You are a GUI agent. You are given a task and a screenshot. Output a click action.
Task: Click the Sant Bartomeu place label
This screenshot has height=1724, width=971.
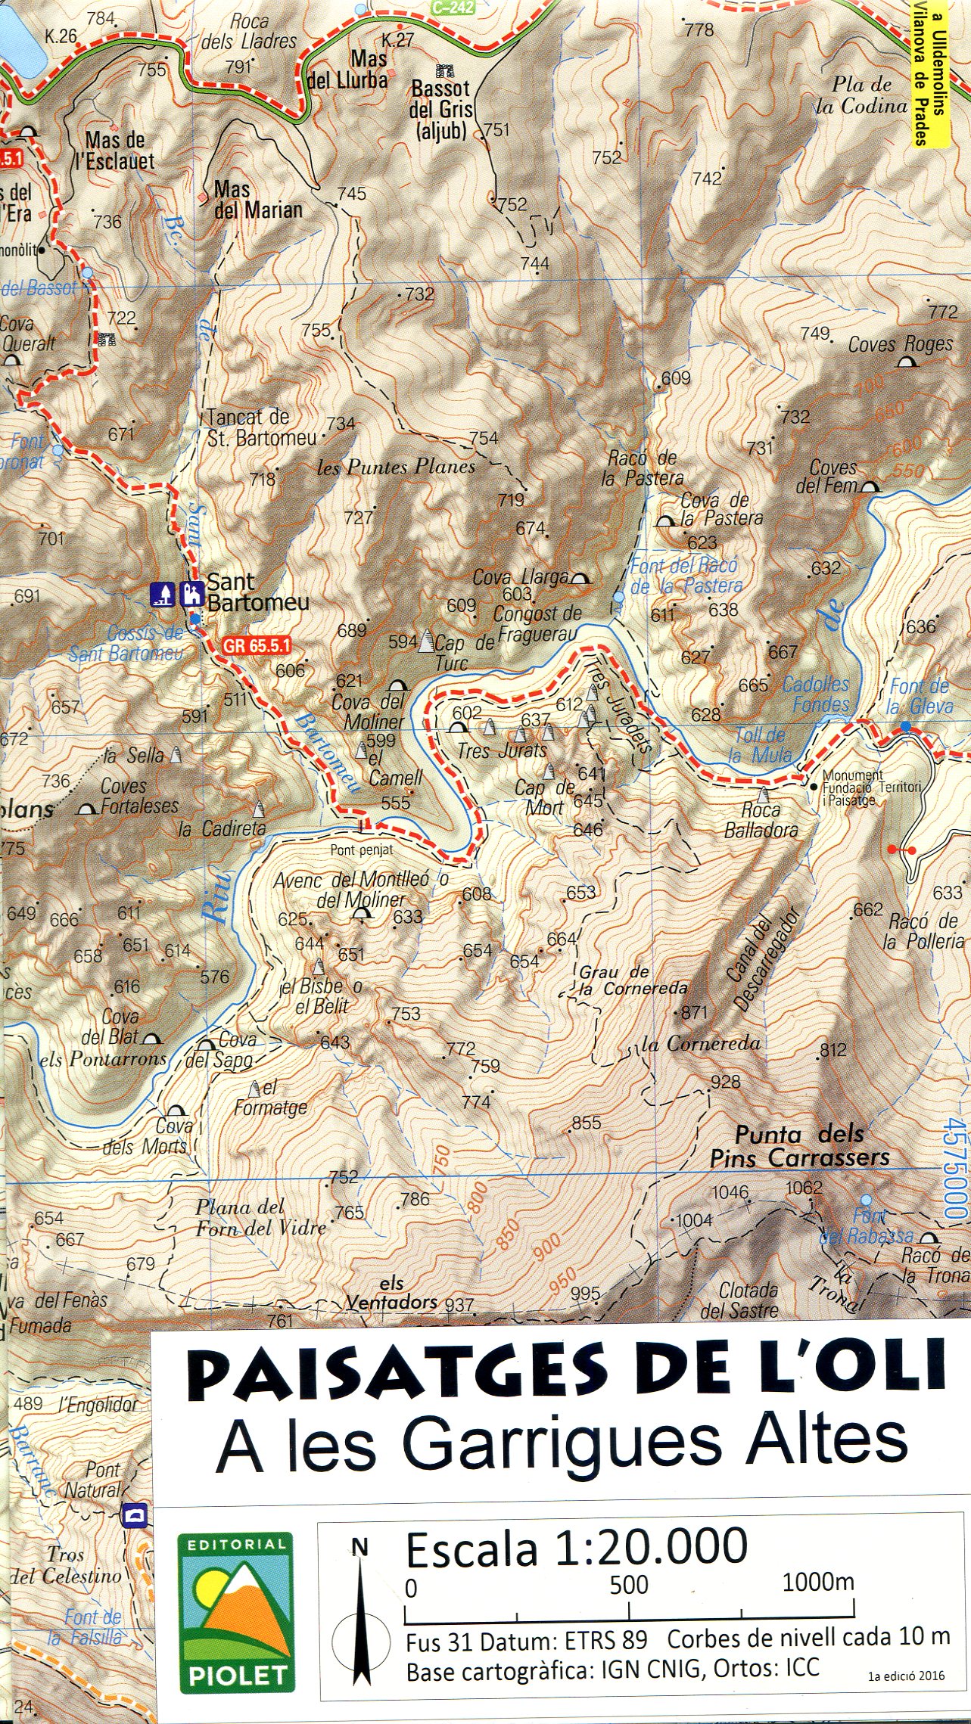click(x=257, y=592)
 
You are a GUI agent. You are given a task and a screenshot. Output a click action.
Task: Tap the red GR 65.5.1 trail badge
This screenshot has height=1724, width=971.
click(x=257, y=646)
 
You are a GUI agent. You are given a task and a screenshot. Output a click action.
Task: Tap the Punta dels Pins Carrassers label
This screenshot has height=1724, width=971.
click(x=799, y=1146)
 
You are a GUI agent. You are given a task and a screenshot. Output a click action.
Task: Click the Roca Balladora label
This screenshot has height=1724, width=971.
click(x=761, y=820)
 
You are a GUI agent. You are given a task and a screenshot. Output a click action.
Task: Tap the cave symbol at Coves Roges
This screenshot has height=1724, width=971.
click(x=905, y=362)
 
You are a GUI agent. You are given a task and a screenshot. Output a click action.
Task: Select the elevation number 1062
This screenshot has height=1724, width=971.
click(x=803, y=1187)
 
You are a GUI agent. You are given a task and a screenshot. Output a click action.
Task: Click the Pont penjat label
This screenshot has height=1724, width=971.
click(x=361, y=850)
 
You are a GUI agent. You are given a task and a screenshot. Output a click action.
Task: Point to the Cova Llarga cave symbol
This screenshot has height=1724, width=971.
click(x=580, y=579)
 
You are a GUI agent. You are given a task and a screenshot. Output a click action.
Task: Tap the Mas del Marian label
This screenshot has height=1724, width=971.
click(x=257, y=200)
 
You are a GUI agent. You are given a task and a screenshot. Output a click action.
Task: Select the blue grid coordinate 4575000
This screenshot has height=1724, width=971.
click(x=955, y=1169)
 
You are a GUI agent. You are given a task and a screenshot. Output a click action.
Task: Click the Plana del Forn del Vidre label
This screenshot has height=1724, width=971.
click(x=260, y=1217)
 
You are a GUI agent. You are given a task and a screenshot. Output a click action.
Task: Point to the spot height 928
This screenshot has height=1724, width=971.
click(x=724, y=1082)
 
